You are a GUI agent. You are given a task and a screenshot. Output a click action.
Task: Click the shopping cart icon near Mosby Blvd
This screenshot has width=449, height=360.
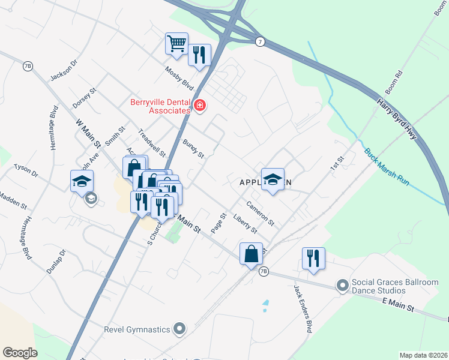pos(176,43)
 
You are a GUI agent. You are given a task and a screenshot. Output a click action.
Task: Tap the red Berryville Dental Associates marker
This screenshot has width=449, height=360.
pos(199,107)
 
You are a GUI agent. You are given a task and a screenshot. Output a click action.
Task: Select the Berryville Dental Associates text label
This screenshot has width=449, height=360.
pos(160,106)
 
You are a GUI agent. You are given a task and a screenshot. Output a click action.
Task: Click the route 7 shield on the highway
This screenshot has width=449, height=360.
pos(259,41)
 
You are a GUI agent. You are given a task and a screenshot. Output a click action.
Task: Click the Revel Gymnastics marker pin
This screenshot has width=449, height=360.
pos(179,328)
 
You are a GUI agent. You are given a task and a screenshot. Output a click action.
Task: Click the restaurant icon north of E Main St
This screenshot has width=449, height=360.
pos(313,258)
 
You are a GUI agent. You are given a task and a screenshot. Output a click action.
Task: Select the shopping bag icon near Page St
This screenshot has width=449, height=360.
pos(250,253)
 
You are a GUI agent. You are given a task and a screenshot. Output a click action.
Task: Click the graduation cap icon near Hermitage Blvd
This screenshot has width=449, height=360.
pos(82,181)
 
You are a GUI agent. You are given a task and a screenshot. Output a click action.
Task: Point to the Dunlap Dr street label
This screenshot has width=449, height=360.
pos(58,262)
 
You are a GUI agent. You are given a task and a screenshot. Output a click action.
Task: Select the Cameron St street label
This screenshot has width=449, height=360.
pos(260,214)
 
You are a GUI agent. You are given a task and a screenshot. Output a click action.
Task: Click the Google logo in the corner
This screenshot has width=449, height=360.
pos(20,353)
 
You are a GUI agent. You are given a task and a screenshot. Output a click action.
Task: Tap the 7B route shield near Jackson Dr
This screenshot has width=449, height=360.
pos(28,66)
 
